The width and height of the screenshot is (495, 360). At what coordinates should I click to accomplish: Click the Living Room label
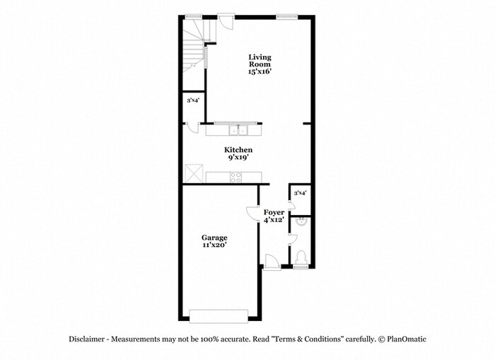[x=260, y=61]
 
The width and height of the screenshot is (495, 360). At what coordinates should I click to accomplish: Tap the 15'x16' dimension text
[x=260, y=71]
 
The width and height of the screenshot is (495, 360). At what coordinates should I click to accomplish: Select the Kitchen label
[x=238, y=150]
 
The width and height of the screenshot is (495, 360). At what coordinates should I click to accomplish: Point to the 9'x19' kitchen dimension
[x=238, y=157]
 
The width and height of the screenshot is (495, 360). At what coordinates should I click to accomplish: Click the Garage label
[x=214, y=238]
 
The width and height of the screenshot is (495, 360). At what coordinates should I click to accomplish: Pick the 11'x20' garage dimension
[x=214, y=245]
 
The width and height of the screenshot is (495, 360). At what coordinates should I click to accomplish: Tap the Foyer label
[x=274, y=212]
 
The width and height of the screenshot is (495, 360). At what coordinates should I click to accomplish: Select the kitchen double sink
[x=238, y=130]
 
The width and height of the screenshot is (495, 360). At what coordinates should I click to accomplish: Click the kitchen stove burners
[x=235, y=177]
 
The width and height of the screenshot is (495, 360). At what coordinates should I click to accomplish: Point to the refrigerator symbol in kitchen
[x=194, y=173]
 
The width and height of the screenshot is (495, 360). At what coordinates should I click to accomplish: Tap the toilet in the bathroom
[x=301, y=257]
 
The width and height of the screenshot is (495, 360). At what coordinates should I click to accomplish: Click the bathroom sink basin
[x=301, y=221]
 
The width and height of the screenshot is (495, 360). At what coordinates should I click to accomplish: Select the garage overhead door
[x=219, y=316]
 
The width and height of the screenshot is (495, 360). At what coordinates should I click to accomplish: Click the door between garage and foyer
[x=252, y=213]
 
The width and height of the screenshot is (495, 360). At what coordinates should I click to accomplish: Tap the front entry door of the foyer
[x=272, y=262]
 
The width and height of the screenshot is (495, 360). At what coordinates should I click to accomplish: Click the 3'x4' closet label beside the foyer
[x=301, y=192]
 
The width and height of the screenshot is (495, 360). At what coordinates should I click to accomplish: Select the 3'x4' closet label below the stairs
[x=193, y=100]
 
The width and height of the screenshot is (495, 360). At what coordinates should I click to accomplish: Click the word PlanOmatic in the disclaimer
[x=407, y=339]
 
